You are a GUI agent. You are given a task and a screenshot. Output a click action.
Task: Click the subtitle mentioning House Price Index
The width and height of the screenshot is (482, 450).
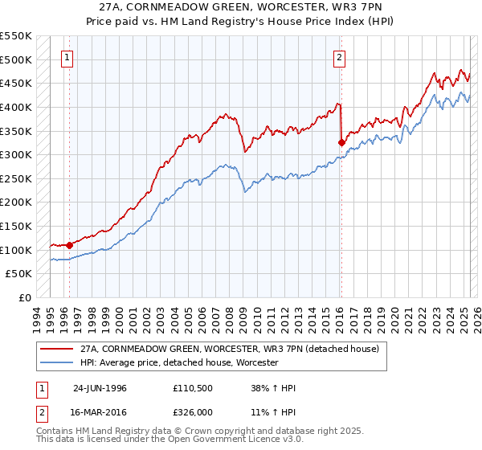click(x=241, y=22)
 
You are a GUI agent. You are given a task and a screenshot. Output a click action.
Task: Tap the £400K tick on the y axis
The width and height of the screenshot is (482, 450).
click(x=16, y=107)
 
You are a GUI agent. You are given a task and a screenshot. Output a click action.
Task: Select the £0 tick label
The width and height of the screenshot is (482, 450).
click(x=24, y=298)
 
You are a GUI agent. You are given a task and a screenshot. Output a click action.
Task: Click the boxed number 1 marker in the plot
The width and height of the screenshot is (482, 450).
click(x=66, y=57)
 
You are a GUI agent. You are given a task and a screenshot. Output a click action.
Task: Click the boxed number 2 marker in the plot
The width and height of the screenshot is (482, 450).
click(x=340, y=57)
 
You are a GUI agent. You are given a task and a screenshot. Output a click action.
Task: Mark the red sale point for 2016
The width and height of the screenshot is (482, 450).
click(x=341, y=142)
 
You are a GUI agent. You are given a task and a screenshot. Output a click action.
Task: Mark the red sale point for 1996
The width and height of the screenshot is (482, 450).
click(x=70, y=245)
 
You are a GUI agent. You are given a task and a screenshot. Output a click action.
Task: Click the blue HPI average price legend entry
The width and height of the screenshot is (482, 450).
click(x=178, y=363)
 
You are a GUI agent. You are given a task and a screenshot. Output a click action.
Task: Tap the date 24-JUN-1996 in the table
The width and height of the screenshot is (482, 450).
click(x=100, y=389)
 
